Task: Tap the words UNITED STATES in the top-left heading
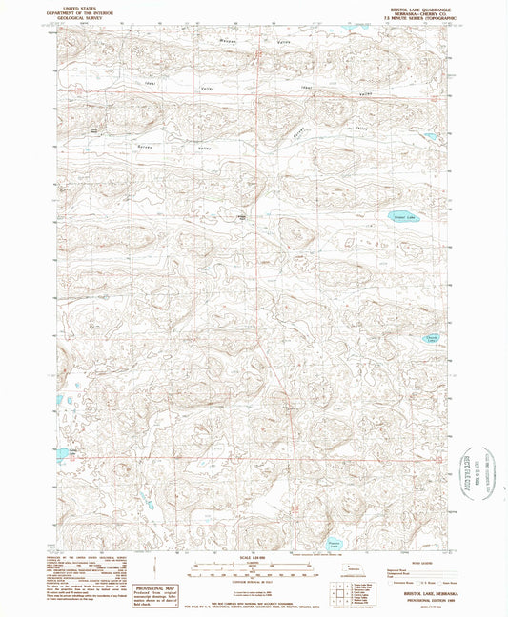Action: tap(83, 6)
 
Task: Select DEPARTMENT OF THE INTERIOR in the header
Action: tap(83, 10)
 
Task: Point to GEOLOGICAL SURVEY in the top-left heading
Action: tap(83, 16)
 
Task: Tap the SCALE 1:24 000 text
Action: tap(254, 556)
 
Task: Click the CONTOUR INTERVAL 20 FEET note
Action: tap(254, 581)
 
